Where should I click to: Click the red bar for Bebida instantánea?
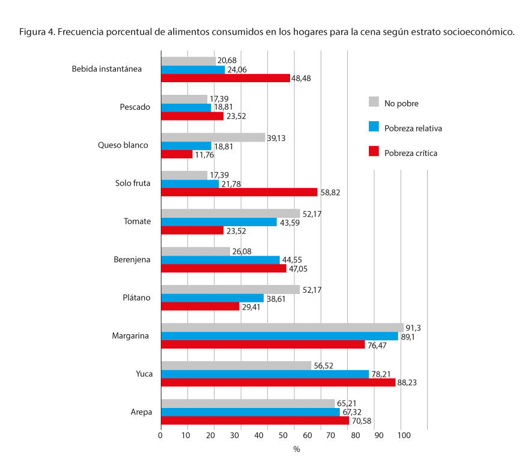pyautogui.click(x=225, y=78)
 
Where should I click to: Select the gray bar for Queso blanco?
pyautogui.click(x=213, y=137)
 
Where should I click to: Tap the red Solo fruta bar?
pyautogui.click(x=239, y=192)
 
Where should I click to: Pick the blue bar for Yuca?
pyautogui.click(x=265, y=374)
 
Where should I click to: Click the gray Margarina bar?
pyautogui.click(x=282, y=328)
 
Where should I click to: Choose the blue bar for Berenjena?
pyautogui.click(x=220, y=260)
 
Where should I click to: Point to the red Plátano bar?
pyautogui.click(x=200, y=306)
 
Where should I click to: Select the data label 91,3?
pyautogui.click(x=413, y=328)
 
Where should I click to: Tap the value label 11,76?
pyautogui.click(x=205, y=154)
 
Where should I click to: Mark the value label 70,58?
pyautogui.click(x=362, y=421)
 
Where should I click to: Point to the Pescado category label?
pyautogui.click(x=135, y=107)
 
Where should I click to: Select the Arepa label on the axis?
pyautogui.click(x=140, y=412)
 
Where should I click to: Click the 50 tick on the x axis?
pyautogui.click(x=293, y=436)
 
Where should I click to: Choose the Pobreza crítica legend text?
pyautogui.click(x=411, y=153)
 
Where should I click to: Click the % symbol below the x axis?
pyautogui.click(x=296, y=449)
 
